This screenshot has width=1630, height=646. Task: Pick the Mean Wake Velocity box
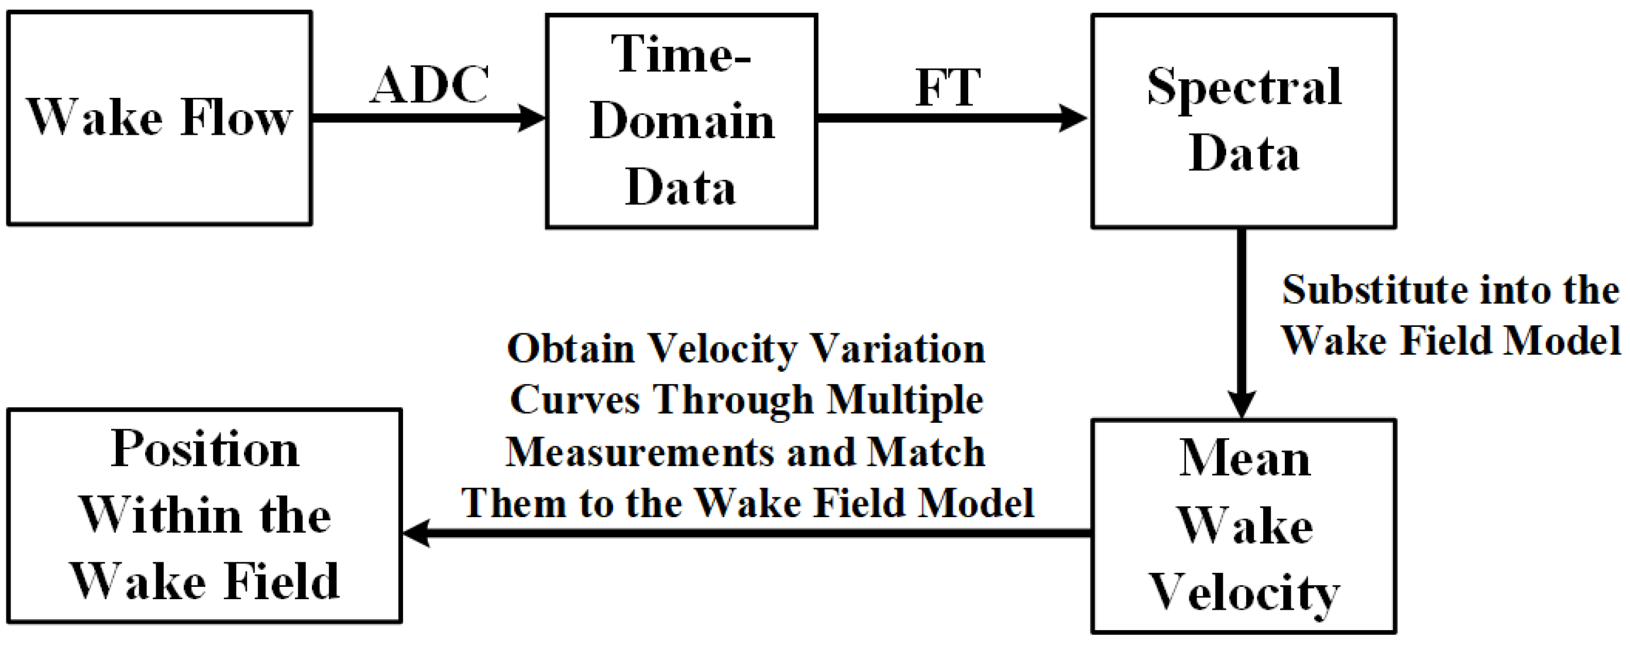[x=1243, y=526]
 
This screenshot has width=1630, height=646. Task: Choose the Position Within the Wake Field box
[x=204, y=515]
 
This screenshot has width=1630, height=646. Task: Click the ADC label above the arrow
[x=429, y=85]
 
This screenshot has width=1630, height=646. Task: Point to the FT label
[x=947, y=87]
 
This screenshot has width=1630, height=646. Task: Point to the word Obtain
[x=571, y=349]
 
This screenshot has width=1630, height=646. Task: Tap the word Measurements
[x=639, y=452]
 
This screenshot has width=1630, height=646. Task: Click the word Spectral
[x=1244, y=87]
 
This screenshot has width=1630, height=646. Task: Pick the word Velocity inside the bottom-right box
[x=1244, y=593]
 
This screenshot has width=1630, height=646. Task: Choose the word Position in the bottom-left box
[x=204, y=449]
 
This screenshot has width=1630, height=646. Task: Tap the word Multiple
[x=905, y=400]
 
